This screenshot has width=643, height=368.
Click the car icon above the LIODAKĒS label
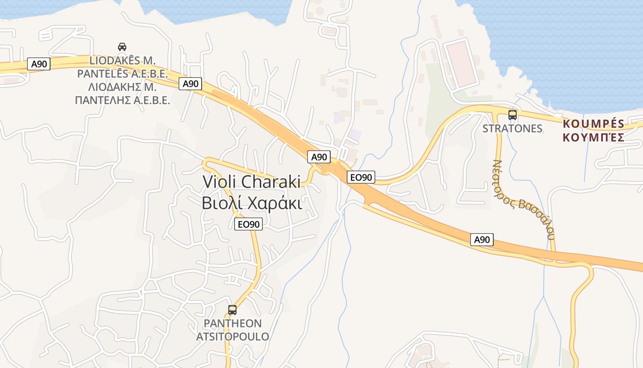(x=122, y=46)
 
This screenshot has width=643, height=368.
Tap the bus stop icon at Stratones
(x=513, y=115)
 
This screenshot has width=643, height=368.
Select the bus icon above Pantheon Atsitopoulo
(x=232, y=310)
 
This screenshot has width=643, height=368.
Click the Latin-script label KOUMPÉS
(x=593, y=124)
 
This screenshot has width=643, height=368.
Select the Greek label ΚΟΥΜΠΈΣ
(x=593, y=137)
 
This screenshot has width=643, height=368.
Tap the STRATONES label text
(x=513, y=128)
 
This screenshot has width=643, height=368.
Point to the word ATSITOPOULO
(x=232, y=336)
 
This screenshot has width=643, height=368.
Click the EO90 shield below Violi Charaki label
(x=248, y=224)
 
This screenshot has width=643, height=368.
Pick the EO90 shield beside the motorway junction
(x=361, y=177)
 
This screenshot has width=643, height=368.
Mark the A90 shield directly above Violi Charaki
(x=319, y=157)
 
